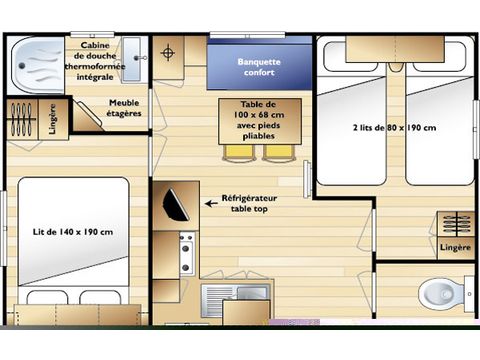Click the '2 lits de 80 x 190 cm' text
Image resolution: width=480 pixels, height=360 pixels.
(x=394, y=128)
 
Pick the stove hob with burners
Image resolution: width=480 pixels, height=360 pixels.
(x=186, y=253)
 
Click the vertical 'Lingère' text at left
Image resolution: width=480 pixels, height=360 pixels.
(x=53, y=119)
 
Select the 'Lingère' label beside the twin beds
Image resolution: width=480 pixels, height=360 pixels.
(x=454, y=246)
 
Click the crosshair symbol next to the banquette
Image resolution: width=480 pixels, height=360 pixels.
(x=169, y=51)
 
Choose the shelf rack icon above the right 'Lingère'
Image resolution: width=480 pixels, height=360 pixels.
(x=454, y=222)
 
